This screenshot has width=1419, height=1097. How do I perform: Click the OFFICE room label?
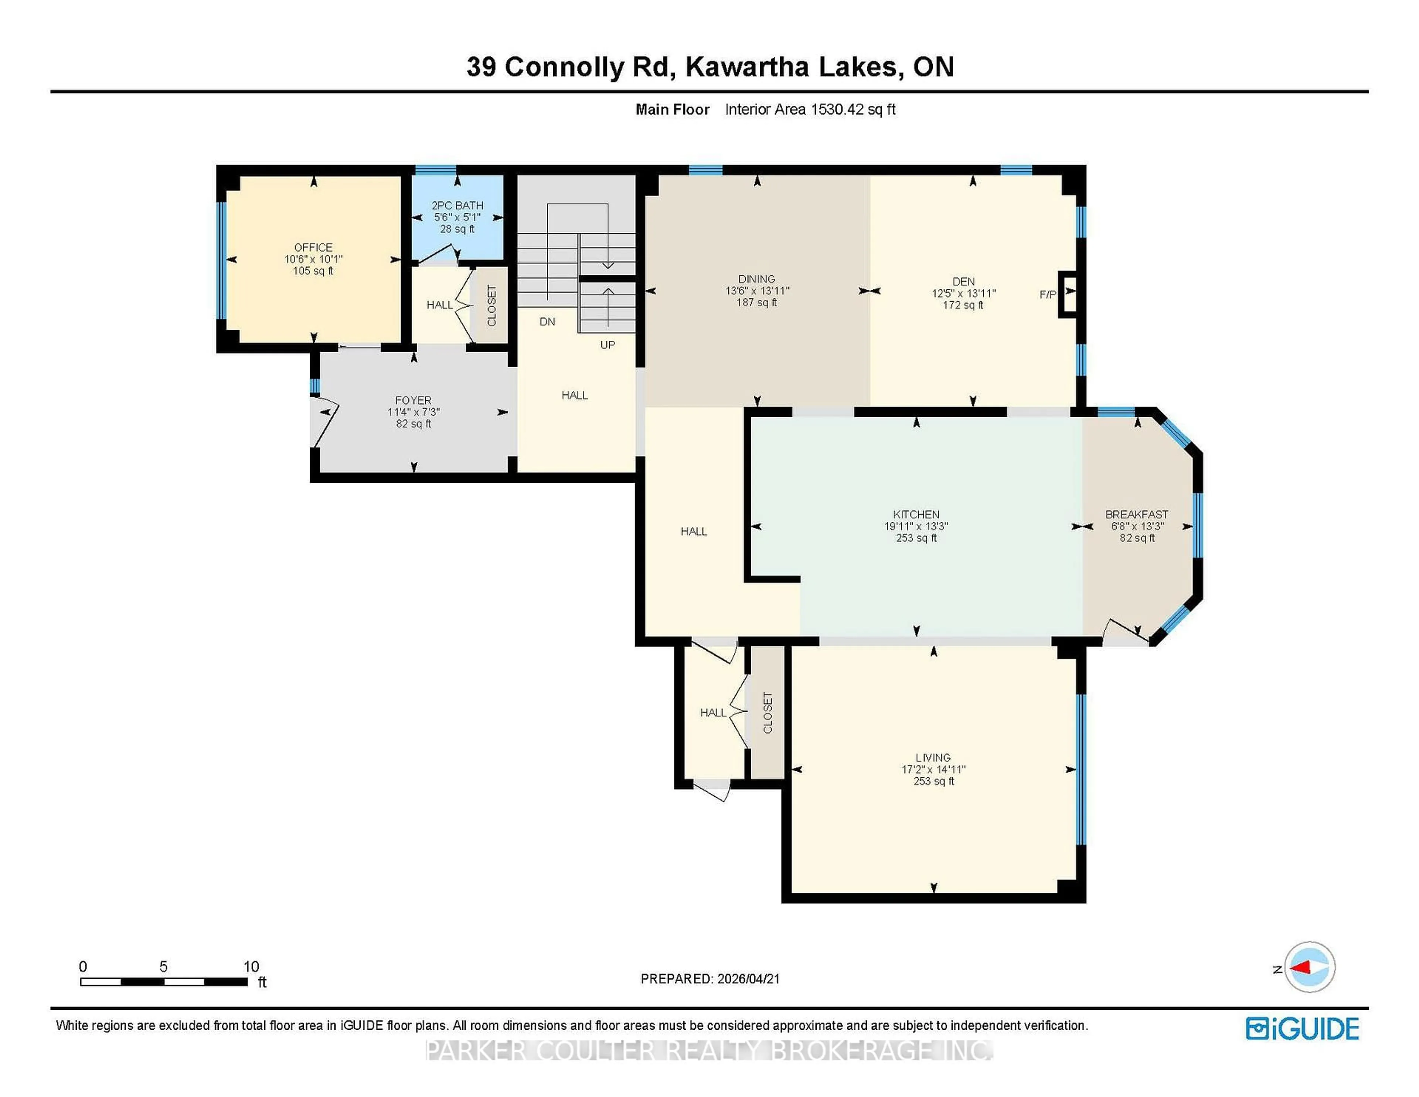pyautogui.click(x=313, y=247)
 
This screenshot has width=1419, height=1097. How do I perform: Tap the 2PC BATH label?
pyautogui.click(x=457, y=206)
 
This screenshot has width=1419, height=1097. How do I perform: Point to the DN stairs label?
pyautogui.click(x=547, y=322)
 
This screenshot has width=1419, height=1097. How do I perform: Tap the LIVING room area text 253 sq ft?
pyautogui.click(x=934, y=781)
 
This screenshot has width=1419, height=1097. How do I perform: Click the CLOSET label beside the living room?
pyautogui.click(x=768, y=713)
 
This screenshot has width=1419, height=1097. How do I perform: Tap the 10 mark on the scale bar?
pyautogui.click(x=251, y=967)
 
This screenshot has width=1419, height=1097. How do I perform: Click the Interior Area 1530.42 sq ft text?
pyautogui.click(x=810, y=109)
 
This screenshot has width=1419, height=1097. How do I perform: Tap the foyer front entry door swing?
pyautogui.click(x=325, y=426)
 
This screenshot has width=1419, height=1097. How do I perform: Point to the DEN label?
pyautogui.click(x=963, y=281)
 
